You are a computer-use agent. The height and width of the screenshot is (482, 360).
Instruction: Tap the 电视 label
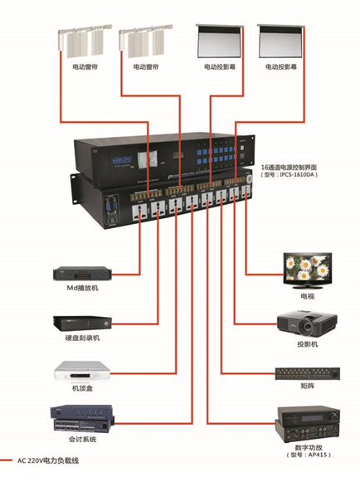coord(308,295)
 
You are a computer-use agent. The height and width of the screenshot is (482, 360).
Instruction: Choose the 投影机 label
coord(308,343)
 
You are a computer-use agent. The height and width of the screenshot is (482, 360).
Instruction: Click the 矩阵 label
coord(308,387)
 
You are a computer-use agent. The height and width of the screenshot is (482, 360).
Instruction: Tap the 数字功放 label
coord(308,445)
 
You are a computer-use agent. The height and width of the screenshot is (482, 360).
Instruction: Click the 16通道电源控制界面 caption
coord(294,167)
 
